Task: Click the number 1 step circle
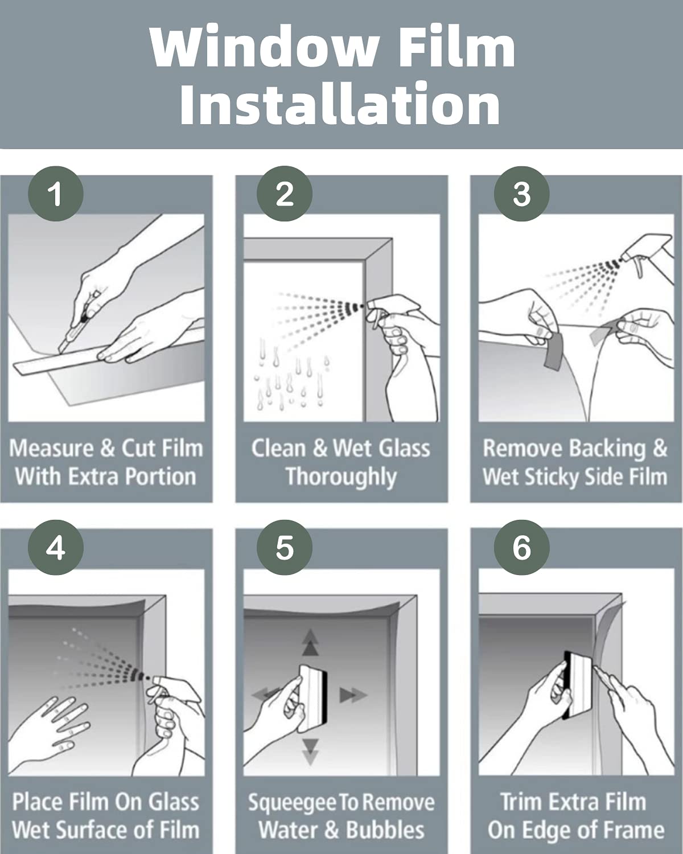56,194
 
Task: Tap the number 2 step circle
285,194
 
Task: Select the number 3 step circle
521,194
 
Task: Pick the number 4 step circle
56,548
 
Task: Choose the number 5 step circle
285,548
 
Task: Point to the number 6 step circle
521,548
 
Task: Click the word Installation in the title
340,104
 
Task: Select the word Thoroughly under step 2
341,477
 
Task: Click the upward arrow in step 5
310,642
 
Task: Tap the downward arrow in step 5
310,752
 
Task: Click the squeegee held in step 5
314,699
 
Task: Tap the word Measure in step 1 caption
52,449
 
